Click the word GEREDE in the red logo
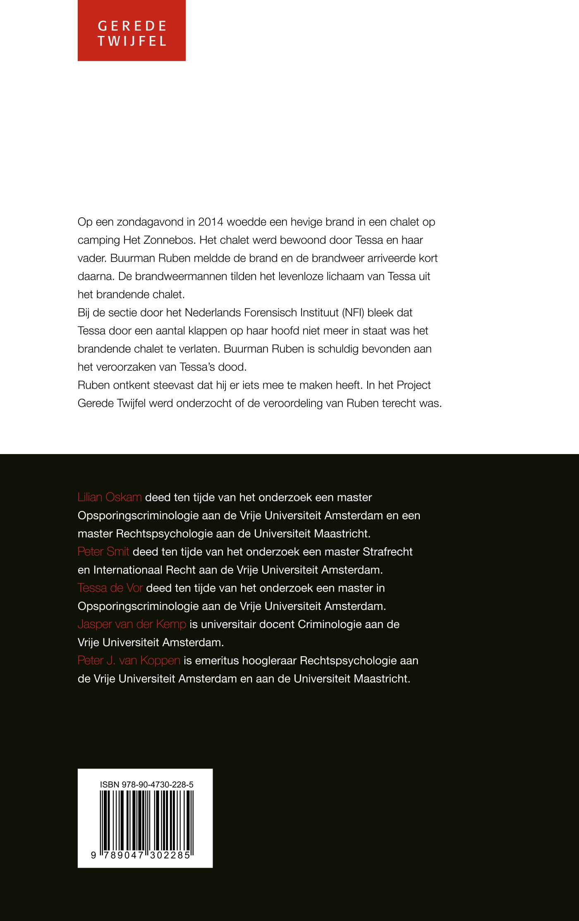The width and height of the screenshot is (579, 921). click(132, 26)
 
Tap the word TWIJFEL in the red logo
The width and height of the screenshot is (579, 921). click(132, 41)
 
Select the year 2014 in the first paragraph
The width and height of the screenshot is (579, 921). click(211, 222)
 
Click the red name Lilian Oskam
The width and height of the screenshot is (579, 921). click(110, 497)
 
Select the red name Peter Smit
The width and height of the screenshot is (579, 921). click(103, 552)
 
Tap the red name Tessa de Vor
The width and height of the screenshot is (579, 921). click(110, 588)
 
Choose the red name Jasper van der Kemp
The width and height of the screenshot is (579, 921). click(132, 624)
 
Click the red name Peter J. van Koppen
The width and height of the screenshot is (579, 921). click(129, 660)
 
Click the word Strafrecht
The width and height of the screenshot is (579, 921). click(388, 552)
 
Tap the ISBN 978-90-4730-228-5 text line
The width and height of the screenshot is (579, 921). click(146, 785)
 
